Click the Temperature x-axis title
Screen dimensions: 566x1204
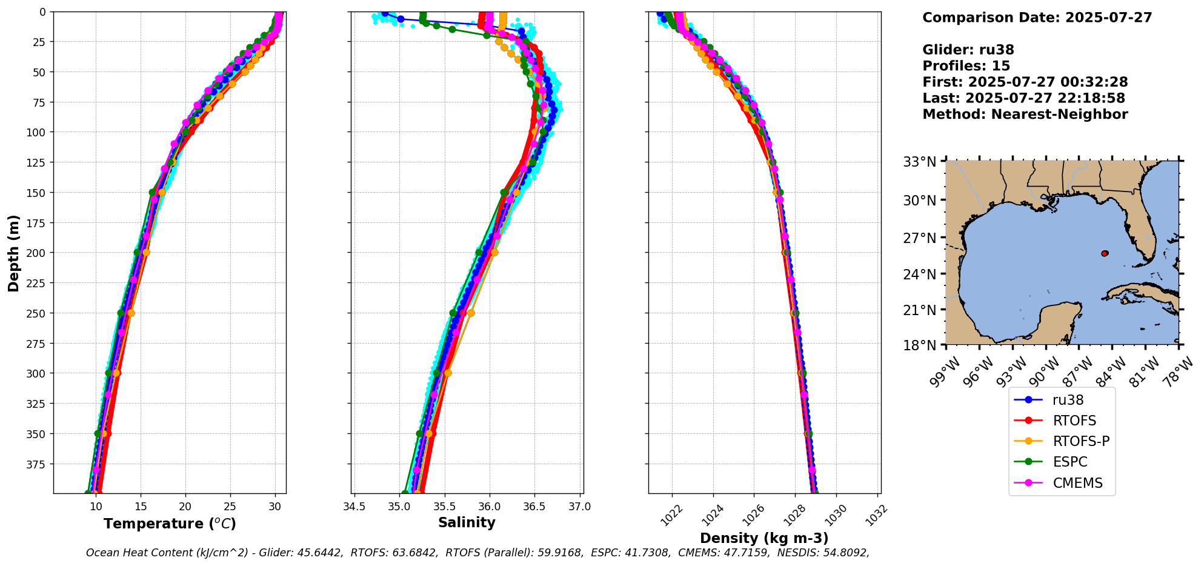[170, 524]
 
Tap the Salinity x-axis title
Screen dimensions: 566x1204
[467, 522]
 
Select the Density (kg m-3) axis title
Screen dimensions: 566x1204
[764, 538]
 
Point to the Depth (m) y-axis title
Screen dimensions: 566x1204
[13, 253]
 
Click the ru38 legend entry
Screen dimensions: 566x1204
[1068, 400]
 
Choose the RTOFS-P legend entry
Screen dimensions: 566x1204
[1081, 441]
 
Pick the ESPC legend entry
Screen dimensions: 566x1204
[1070, 462]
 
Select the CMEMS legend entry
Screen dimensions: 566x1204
[1077, 483]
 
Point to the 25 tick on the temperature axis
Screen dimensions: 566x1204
[230, 507]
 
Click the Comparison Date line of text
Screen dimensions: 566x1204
[1037, 18]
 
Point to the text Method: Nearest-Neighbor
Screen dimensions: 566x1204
[1025, 115]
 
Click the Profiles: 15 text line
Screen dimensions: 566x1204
[966, 66]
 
